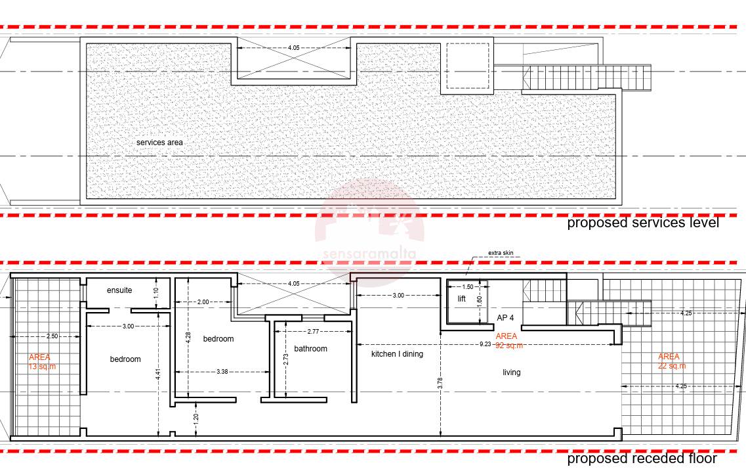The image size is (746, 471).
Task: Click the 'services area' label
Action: [159, 143]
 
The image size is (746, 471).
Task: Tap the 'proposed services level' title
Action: [643, 223]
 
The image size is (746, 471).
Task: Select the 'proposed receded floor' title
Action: [642, 459]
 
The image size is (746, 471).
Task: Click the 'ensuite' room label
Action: [119, 290]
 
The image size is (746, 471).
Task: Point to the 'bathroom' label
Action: [311, 349]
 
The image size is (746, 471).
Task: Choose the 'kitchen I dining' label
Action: [397, 354]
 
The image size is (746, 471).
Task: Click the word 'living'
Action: [512, 372]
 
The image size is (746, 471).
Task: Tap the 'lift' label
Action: [461, 299]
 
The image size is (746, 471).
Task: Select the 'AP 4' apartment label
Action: [505, 318]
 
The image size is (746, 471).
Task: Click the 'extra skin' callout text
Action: [501, 253]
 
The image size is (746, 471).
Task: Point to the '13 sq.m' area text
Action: [43, 367]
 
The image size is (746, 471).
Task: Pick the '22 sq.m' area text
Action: [672, 367]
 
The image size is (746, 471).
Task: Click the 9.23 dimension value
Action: [485, 344]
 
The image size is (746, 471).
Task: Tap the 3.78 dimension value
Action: [440, 384]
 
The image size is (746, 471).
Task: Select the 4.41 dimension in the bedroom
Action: [158, 374]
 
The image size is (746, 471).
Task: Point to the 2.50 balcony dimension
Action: [52, 336]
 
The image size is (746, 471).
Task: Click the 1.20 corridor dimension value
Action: [196, 418]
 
